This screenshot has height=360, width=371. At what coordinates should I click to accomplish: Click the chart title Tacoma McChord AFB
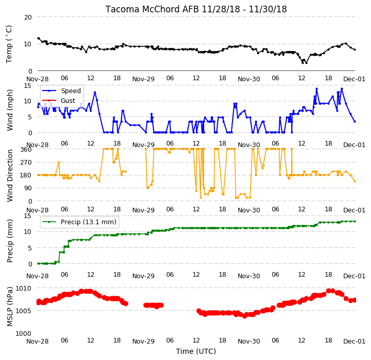point(152,9)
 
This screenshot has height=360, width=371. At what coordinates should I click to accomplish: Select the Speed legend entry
point(61,91)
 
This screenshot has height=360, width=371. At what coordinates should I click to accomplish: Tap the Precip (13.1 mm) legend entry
point(79,222)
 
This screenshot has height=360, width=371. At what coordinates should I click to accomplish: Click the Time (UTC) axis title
point(196,351)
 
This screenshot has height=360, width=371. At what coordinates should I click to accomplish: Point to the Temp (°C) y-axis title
point(9,44)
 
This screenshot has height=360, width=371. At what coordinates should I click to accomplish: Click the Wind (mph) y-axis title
point(9,110)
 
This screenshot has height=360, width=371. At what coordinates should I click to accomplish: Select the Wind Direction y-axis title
point(9,175)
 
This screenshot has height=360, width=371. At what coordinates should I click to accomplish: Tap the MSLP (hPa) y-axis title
point(9,307)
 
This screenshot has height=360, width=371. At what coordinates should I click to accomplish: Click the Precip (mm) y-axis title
point(9,241)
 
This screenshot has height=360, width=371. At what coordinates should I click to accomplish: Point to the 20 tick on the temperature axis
point(28,17)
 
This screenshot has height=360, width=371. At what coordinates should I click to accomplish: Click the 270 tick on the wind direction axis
point(26,163)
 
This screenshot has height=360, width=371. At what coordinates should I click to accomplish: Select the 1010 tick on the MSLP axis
point(24,288)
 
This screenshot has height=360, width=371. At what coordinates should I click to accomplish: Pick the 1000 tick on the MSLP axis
point(24,333)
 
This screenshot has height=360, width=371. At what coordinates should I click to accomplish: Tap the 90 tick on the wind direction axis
point(28,188)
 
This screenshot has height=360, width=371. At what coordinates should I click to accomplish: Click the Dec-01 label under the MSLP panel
point(354,341)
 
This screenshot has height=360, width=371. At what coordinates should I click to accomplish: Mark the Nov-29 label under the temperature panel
point(143,79)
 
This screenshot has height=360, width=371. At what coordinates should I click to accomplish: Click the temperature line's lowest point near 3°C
point(303,63)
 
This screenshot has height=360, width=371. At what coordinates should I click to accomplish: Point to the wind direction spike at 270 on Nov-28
point(59,163)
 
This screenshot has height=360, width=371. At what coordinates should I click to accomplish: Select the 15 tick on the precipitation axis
point(28,215)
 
